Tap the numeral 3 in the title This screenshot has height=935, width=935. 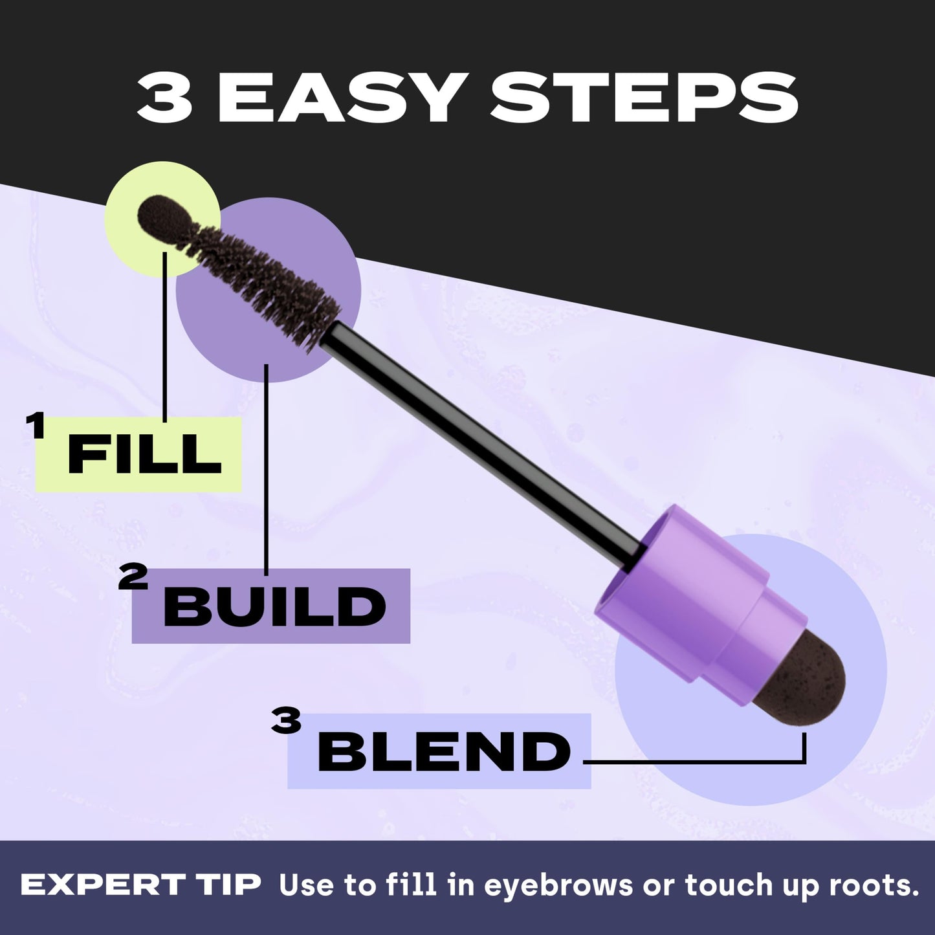point(164,98)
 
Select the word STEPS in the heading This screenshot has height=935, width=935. point(643,98)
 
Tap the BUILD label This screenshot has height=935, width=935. point(274,606)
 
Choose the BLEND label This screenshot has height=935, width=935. point(444,751)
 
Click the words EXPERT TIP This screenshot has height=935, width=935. point(140,885)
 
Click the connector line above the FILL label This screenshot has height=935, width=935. point(165,336)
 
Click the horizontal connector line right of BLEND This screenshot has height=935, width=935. point(692,762)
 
